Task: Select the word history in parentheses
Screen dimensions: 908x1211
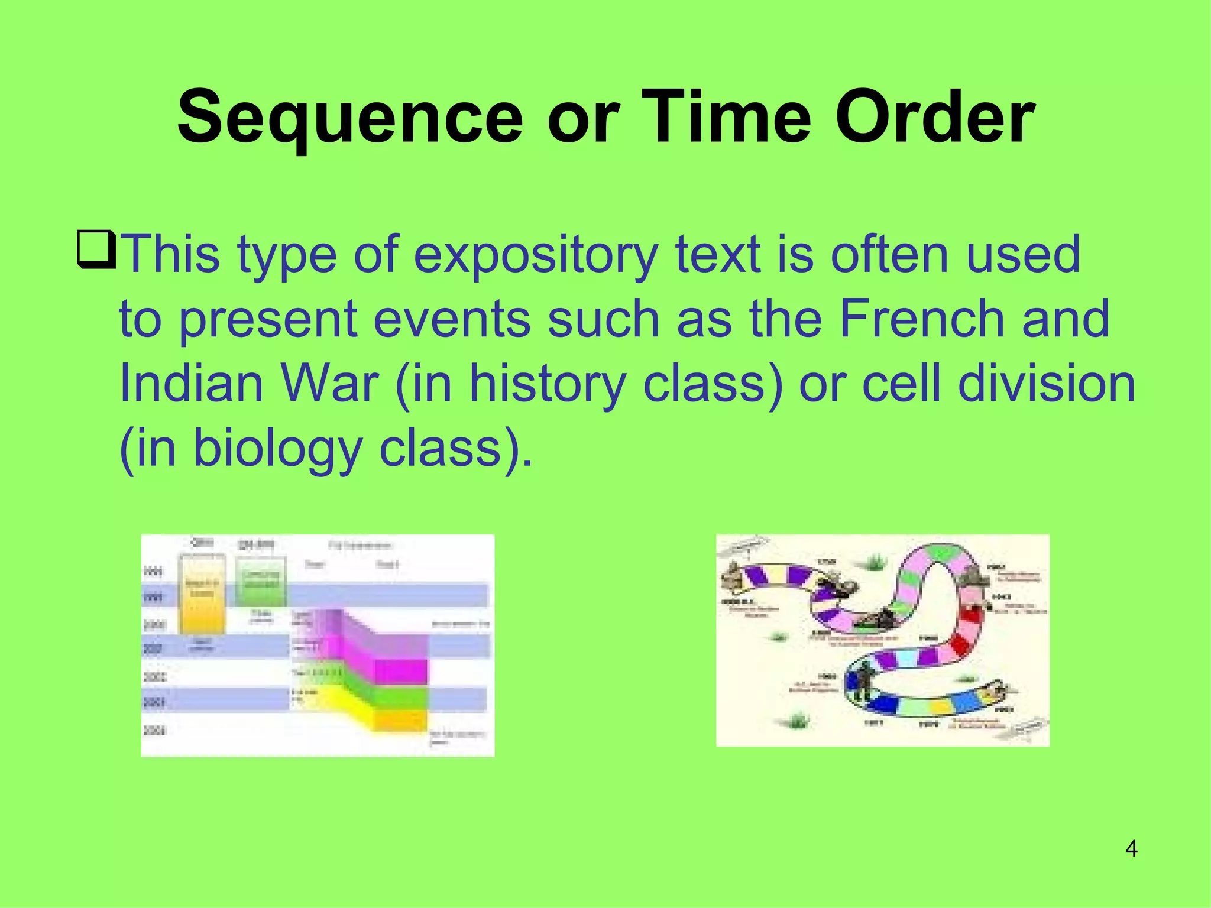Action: (547, 384)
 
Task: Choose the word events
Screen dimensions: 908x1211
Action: (452, 319)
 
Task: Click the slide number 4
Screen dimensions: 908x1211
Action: (1131, 849)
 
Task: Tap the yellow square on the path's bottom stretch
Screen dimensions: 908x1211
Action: (940, 706)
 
